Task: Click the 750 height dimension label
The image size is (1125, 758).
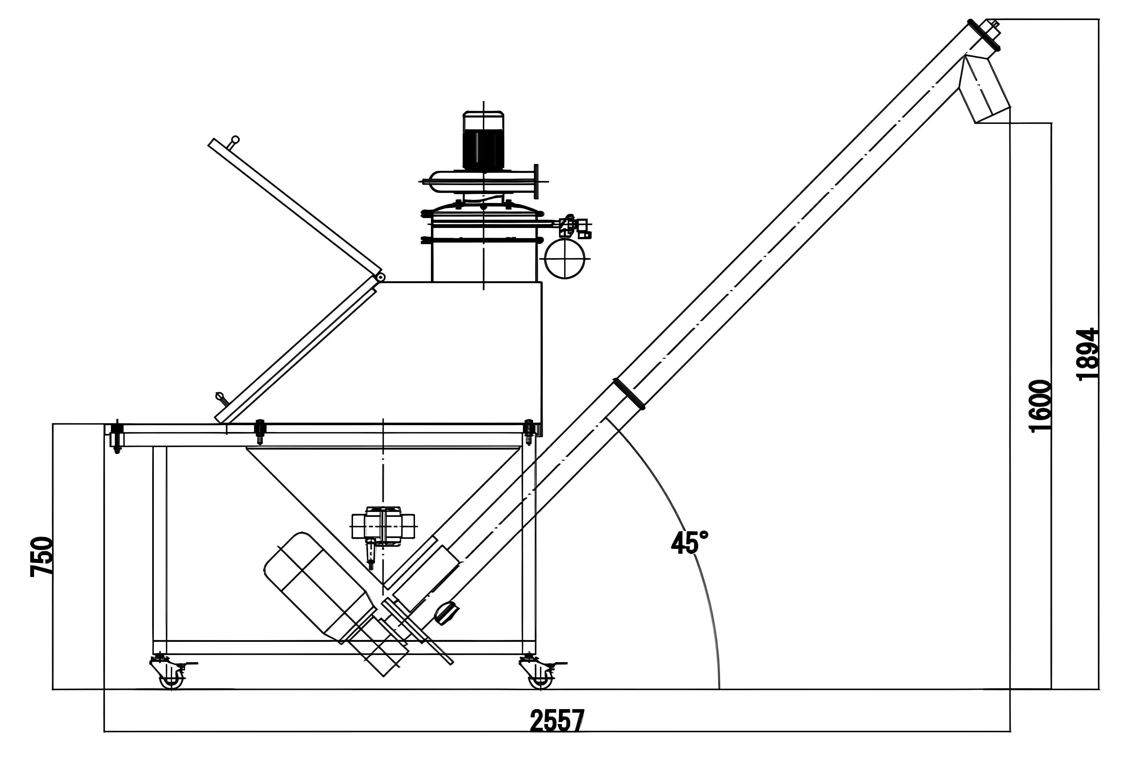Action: [x=41, y=556]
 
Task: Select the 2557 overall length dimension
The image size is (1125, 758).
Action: [x=557, y=721]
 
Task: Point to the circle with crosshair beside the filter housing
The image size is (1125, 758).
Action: [x=565, y=259]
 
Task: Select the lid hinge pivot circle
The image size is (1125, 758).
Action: [x=380, y=277]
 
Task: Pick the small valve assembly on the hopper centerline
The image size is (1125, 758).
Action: [x=383, y=527]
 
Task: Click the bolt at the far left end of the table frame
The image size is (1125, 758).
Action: [x=117, y=436]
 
